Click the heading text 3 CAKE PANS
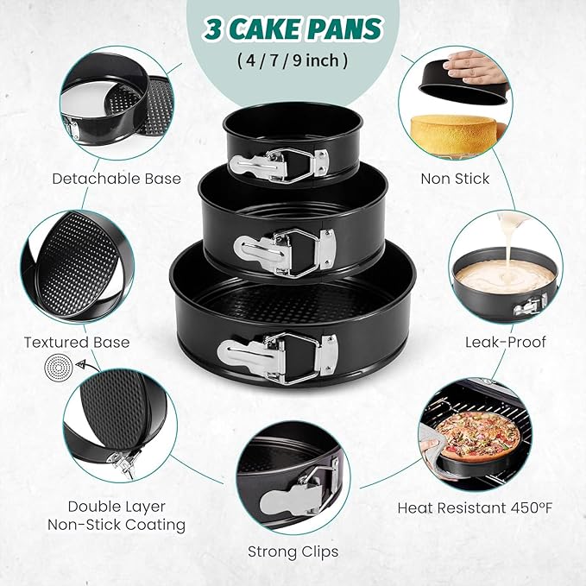(293, 28)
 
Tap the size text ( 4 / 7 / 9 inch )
(293, 62)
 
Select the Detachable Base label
(117, 179)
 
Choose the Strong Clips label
(293, 551)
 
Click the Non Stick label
(455, 179)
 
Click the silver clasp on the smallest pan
(280, 160)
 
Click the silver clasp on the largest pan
(278, 355)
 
